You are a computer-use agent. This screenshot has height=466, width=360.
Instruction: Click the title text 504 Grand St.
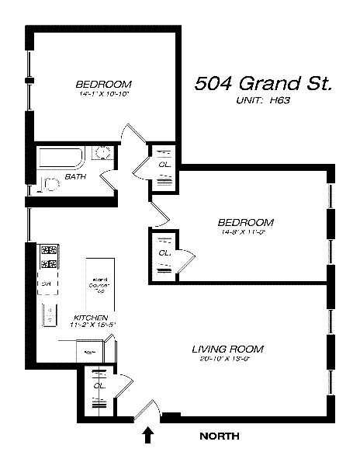click(x=263, y=83)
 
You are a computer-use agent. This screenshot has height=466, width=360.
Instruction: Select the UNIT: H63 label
click(x=263, y=100)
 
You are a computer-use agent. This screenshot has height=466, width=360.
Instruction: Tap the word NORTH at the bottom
click(x=220, y=436)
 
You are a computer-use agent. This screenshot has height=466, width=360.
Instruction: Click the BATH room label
click(x=75, y=176)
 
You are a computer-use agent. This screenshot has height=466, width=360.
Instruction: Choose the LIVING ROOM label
click(x=227, y=349)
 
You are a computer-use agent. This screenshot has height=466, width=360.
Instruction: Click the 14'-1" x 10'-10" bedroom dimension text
click(x=103, y=93)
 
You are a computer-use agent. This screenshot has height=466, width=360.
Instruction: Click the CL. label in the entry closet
click(x=99, y=385)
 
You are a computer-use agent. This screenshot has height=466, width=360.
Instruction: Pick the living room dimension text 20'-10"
click(x=227, y=358)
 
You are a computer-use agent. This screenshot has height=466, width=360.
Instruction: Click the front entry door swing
click(x=147, y=410)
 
